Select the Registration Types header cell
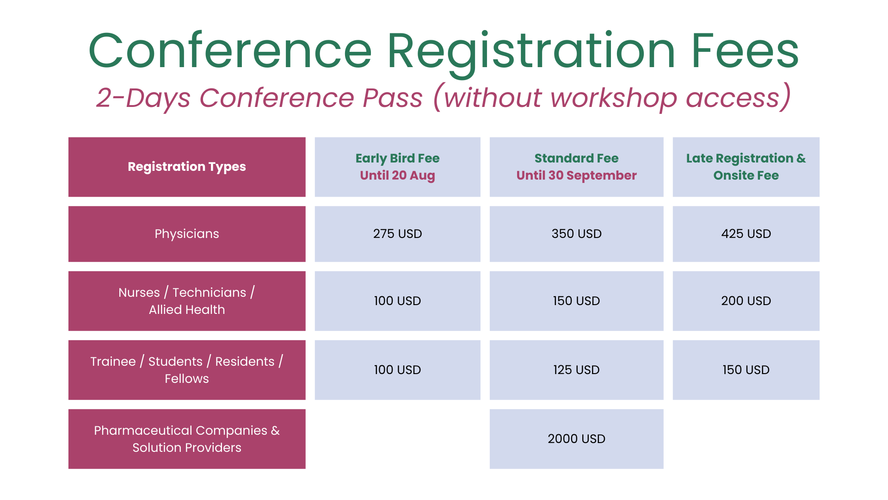pos(187,167)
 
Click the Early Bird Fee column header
pos(397,167)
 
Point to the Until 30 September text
pos(576,175)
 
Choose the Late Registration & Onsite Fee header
pos(746,167)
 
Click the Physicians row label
pos(187,234)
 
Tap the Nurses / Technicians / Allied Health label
pos(187,301)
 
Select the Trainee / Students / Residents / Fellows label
pos(187,370)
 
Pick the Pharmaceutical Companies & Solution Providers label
pos(187,439)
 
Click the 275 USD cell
pos(397,234)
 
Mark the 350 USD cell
pos(576,234)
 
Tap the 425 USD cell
pos(746,234)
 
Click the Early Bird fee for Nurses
pos(397,301)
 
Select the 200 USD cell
pos(746,301)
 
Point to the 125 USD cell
pos(576,370)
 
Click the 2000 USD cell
pos(576,439)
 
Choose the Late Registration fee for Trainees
pos(746,370)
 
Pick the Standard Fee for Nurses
pos(576,301)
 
